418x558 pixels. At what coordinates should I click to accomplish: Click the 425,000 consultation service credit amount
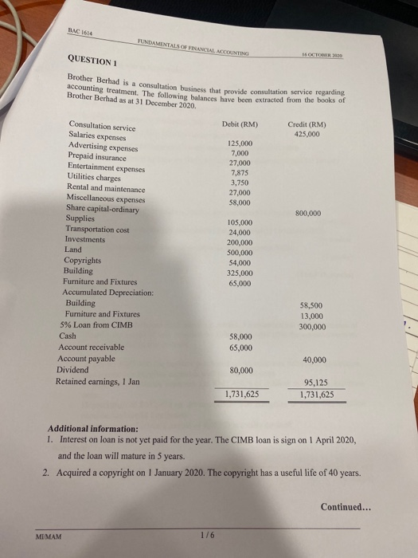click(306, 135)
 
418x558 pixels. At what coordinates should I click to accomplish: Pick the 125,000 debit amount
click(240, 143)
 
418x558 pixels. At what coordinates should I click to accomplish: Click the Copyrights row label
click(83, 260)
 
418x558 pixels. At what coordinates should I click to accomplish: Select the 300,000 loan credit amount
click(312, 327)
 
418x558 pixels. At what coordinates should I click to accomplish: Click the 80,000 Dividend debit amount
click(240, 371)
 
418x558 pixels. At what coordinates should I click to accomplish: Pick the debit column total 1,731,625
click(240, 394)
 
